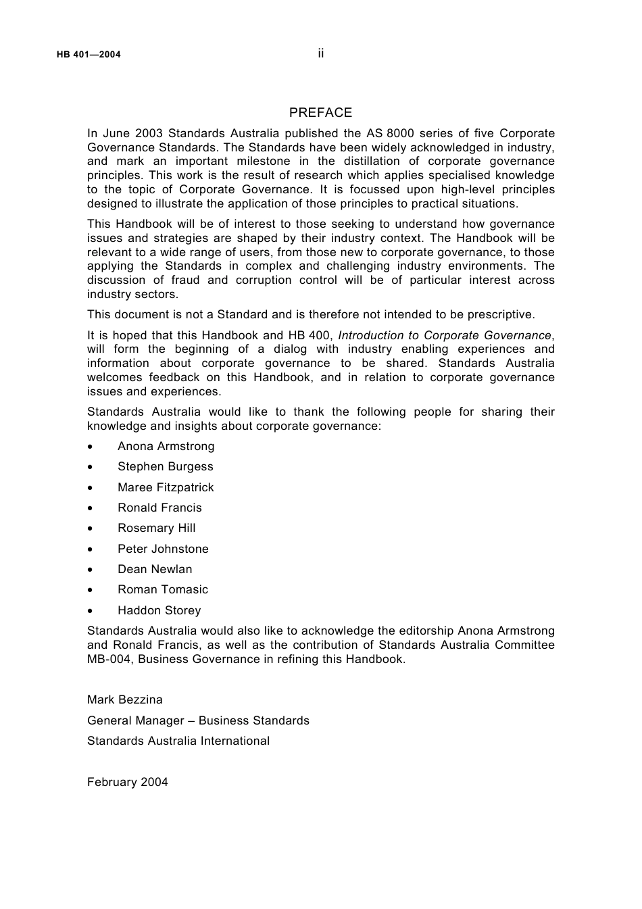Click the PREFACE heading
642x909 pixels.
320,113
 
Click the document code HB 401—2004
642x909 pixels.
89,55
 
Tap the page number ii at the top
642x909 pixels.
321,53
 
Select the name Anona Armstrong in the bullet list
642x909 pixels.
166,446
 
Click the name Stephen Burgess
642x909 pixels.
165,466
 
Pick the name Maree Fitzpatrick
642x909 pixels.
166,487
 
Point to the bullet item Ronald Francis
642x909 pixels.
159,508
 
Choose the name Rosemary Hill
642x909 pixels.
156,528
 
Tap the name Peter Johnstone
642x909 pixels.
163,549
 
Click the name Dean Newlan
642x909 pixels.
155,569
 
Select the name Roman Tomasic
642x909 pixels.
163,589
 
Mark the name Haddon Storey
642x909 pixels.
159,610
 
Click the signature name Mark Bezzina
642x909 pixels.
125,699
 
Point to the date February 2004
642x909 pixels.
128,782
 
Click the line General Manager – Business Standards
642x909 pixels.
198,720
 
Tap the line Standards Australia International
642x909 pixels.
178,741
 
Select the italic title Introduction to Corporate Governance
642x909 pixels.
445,335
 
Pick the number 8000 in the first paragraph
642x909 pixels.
400,133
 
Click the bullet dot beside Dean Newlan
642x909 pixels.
91,570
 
